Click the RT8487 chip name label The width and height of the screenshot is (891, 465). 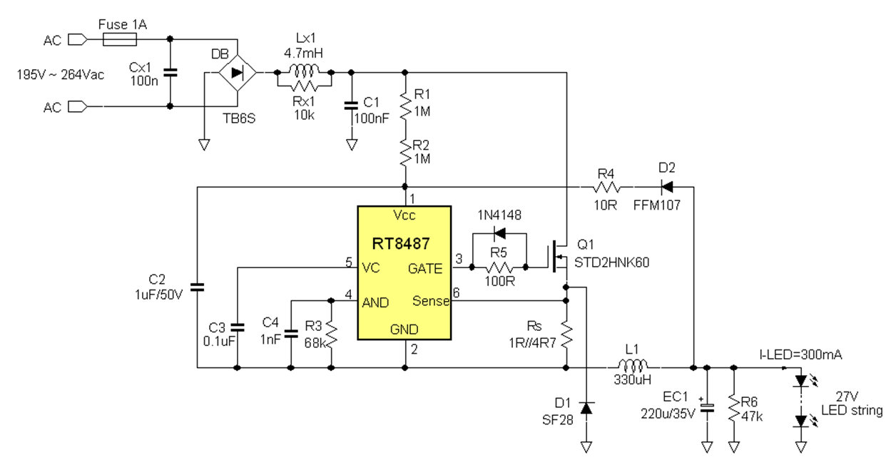tap(400, 244)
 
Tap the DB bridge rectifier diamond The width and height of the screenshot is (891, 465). tap(236, 72)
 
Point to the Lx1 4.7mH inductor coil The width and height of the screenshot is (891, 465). tap(304, 71)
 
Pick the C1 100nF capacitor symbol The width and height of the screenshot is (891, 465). tap(351, 105)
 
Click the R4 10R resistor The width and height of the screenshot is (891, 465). tap(606, 188)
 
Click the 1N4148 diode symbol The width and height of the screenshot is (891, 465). tap(499, 233)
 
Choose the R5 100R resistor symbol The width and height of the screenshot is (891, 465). tap(499, 267)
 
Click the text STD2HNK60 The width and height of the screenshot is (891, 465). tap(611, 263)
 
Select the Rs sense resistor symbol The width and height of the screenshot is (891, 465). tap(566, 333)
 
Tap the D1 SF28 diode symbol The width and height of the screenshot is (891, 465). tap(586, 408)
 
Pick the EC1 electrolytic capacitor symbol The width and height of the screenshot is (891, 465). tap(707, 409)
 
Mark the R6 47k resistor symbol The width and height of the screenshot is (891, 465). tap(733, 407)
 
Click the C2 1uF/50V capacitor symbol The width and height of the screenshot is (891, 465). tap(197, 287)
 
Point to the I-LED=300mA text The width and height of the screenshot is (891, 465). tap(801, 354)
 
